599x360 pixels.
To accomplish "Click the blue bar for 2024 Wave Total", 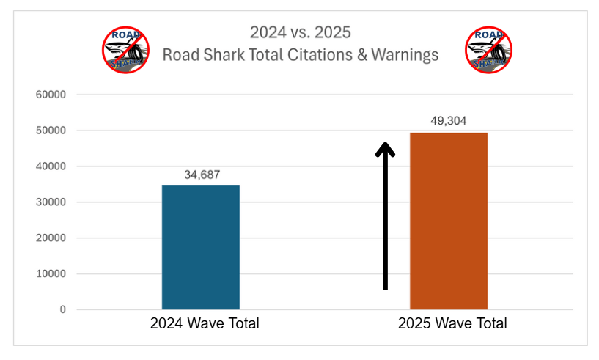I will [x=200, y=247].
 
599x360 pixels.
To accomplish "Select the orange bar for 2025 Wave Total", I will [x=448, y=221].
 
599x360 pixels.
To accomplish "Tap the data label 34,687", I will [x=201, y=175].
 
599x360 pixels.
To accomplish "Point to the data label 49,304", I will [x=448, y=122].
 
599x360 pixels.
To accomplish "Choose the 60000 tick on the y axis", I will [x=51, y=95].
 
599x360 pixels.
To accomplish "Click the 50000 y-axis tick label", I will [x=51, y=131].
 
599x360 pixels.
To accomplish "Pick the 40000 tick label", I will [x=51, y=166].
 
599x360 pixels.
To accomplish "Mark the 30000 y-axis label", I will [x=51, y=202].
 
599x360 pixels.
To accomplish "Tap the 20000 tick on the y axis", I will [x=51, y=238].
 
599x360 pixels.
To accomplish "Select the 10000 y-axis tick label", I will [x=51, y=274].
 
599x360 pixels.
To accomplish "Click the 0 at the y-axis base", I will [x=62, y=310].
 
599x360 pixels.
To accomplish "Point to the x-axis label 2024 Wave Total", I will [x=205, y=323].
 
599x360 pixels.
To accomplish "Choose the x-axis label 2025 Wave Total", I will [x=452, y=323].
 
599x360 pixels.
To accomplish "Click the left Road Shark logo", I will [x=125, y=50].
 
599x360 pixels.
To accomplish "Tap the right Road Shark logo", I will [x=488, y=50].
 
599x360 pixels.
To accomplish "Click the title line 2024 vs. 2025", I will [x=300, y=32].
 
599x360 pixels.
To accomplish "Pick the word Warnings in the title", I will [x=406, y=55].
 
